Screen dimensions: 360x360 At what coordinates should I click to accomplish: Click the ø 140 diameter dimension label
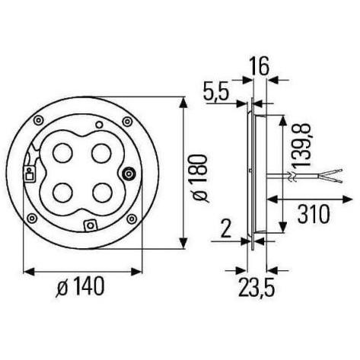pos(80,286)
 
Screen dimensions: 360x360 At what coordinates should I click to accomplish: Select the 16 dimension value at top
pos(259,66)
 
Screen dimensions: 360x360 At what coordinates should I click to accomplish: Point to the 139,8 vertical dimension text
pos(301,145)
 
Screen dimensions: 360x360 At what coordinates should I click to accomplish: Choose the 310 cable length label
pos(314,215)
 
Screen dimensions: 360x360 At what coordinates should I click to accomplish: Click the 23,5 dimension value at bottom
pos(256,288)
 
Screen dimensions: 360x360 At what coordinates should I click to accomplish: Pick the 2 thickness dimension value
pos(225,229)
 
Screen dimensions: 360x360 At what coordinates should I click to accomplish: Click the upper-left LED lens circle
pos(62,153)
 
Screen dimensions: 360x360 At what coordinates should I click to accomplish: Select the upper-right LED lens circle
pos(101,153)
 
